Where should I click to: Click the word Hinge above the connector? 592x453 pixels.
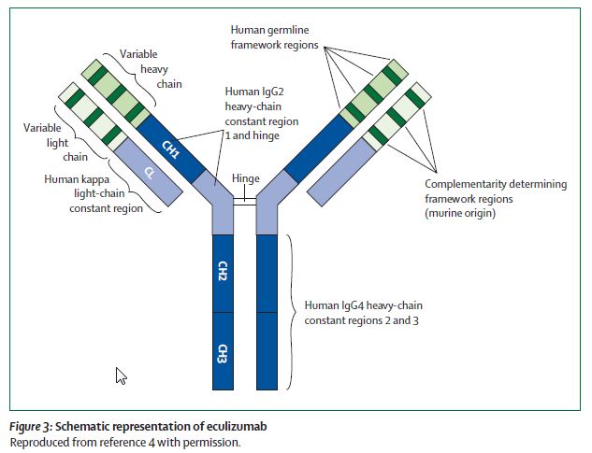246,178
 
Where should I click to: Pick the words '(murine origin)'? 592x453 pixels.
465,214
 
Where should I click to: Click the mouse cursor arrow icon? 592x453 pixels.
121,375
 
